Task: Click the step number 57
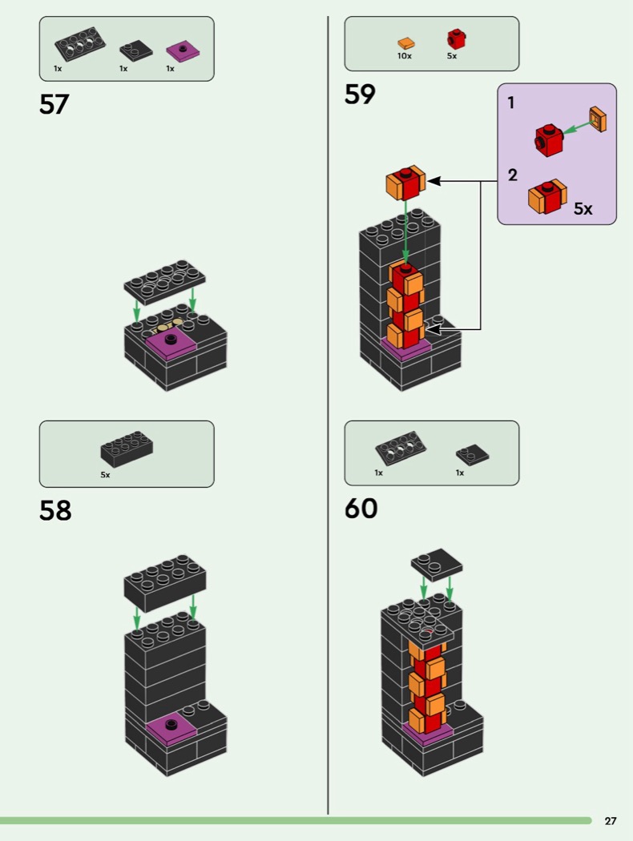click(x=54, y=105)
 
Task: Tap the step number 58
click(x=55, y=510)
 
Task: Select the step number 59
click(x=360, y=95)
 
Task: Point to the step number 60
click(x=361, y=508)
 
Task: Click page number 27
click(x=611, y=821)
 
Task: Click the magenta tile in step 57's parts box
click(x=183, y=52)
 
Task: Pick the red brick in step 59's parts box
click(x=456, y=38)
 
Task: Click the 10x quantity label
click(x=405, y=57)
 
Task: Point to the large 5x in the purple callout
click(x=583, y=209)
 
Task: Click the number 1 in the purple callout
click(x=511, y=103)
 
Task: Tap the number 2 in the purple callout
click(x=512, y=175)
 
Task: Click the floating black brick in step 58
click(x=164, y=582)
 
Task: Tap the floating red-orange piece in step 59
click(x=405, y=183)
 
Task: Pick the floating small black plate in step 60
click(x=437, y=563)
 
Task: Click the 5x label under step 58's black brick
click(x=105, y=474)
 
